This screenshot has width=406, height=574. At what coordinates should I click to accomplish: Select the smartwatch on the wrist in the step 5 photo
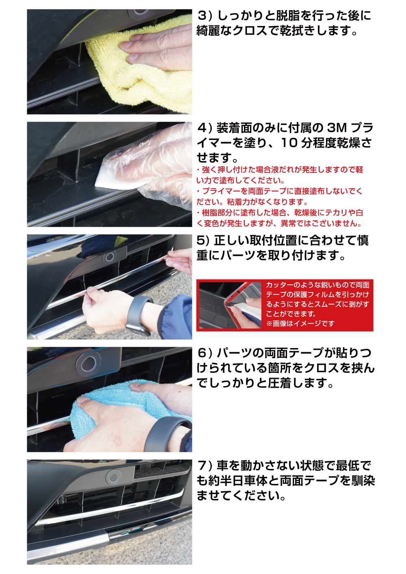[x=138, y=315]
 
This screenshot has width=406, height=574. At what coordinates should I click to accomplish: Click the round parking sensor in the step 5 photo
[x=110, y=256]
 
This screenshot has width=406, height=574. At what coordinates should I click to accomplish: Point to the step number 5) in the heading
[x=203, y=241]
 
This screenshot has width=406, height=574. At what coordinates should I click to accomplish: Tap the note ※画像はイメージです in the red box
[x=300, y=324]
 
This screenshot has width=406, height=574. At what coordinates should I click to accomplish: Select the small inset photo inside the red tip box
[x=230, y=305]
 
